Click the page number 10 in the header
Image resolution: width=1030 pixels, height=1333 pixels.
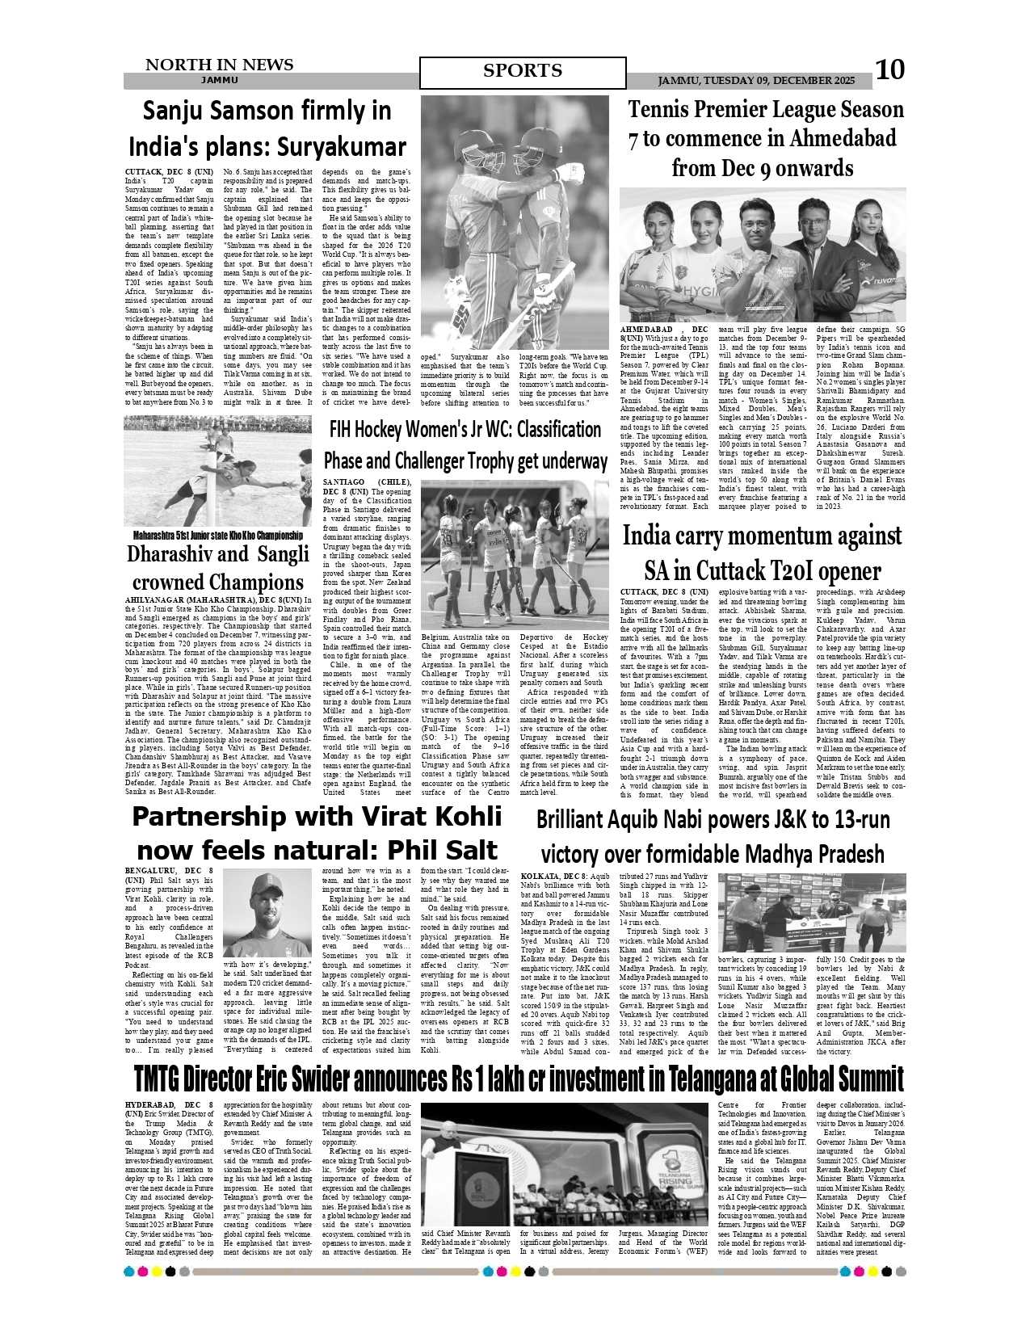coord(891,70)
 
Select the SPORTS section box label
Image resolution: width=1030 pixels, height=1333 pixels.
coord(523,71)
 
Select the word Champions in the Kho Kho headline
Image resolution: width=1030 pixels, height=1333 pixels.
coord(247,582)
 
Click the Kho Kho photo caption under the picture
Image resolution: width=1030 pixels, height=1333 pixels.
coord(217,535)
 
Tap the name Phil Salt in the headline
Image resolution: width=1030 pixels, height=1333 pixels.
coord(443,850)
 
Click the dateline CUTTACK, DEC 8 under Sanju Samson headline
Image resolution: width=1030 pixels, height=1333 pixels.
coord(169,172)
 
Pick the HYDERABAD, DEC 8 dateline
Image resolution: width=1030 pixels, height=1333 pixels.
coord(169,1104)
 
